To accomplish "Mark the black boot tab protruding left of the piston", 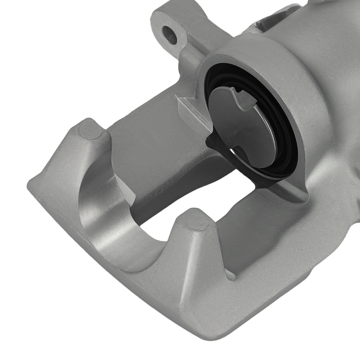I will (212, 144).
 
